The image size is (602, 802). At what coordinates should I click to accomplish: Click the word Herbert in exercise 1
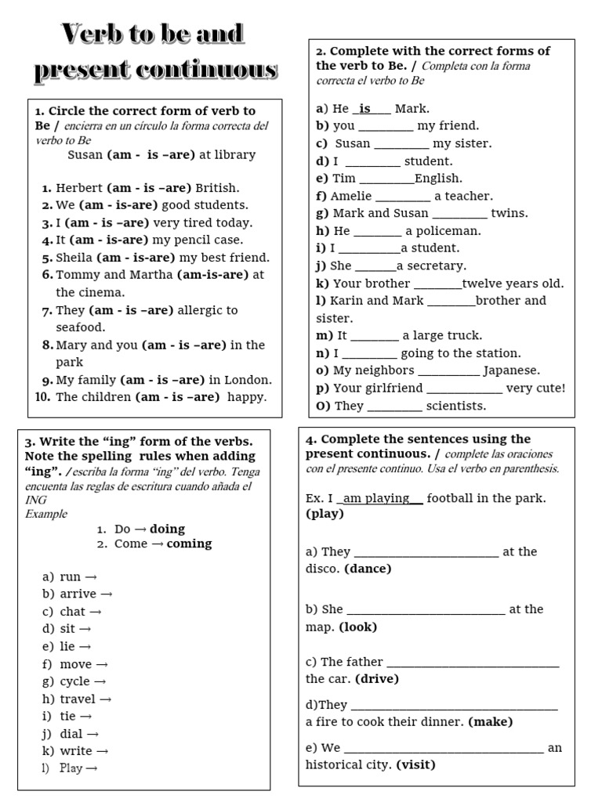click(79, 188)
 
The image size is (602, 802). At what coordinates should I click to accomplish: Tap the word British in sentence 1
click(217, 188)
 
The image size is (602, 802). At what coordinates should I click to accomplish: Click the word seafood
click(80, 327)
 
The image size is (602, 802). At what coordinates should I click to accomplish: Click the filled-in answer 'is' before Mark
click(365, 109)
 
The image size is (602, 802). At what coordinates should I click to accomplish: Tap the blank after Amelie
click(403, 197)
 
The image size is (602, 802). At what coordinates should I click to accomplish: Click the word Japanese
click(511, 370)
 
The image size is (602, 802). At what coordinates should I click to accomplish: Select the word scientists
click(455, 406)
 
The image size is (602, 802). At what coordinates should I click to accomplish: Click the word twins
click(510, 213)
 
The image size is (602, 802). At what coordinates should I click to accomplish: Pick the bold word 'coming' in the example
click(189, 544)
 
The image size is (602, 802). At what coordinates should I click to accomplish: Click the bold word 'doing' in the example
click(167, 529)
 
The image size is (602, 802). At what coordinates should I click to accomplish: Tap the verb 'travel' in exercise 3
click(78, 699)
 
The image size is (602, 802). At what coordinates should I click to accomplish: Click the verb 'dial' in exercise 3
click(71, 734)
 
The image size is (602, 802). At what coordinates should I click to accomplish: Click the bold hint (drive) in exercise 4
click(377, 679)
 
